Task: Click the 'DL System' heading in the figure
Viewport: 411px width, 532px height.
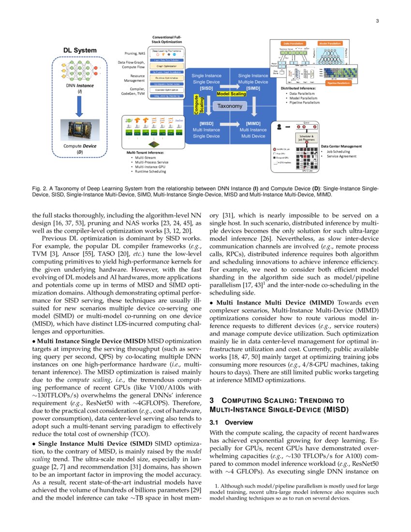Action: tap(80, 51)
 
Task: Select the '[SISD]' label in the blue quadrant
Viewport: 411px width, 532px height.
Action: tap(206, 89)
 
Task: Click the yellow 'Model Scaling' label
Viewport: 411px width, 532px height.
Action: tap(231, 93)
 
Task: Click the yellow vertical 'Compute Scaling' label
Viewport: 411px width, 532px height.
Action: tap(197, 106)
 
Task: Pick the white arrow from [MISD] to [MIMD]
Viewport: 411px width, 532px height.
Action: tap(230, 130)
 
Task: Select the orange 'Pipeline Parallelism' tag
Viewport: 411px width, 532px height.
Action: tap(338, 83)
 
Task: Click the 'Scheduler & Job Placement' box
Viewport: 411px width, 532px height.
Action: tap(307, 139)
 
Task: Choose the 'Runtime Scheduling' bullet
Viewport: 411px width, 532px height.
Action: tap(151, 171)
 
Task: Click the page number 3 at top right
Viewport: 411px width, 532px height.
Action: tap(377, 21)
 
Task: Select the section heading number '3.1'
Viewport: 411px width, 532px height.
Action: tap(215, 422)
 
